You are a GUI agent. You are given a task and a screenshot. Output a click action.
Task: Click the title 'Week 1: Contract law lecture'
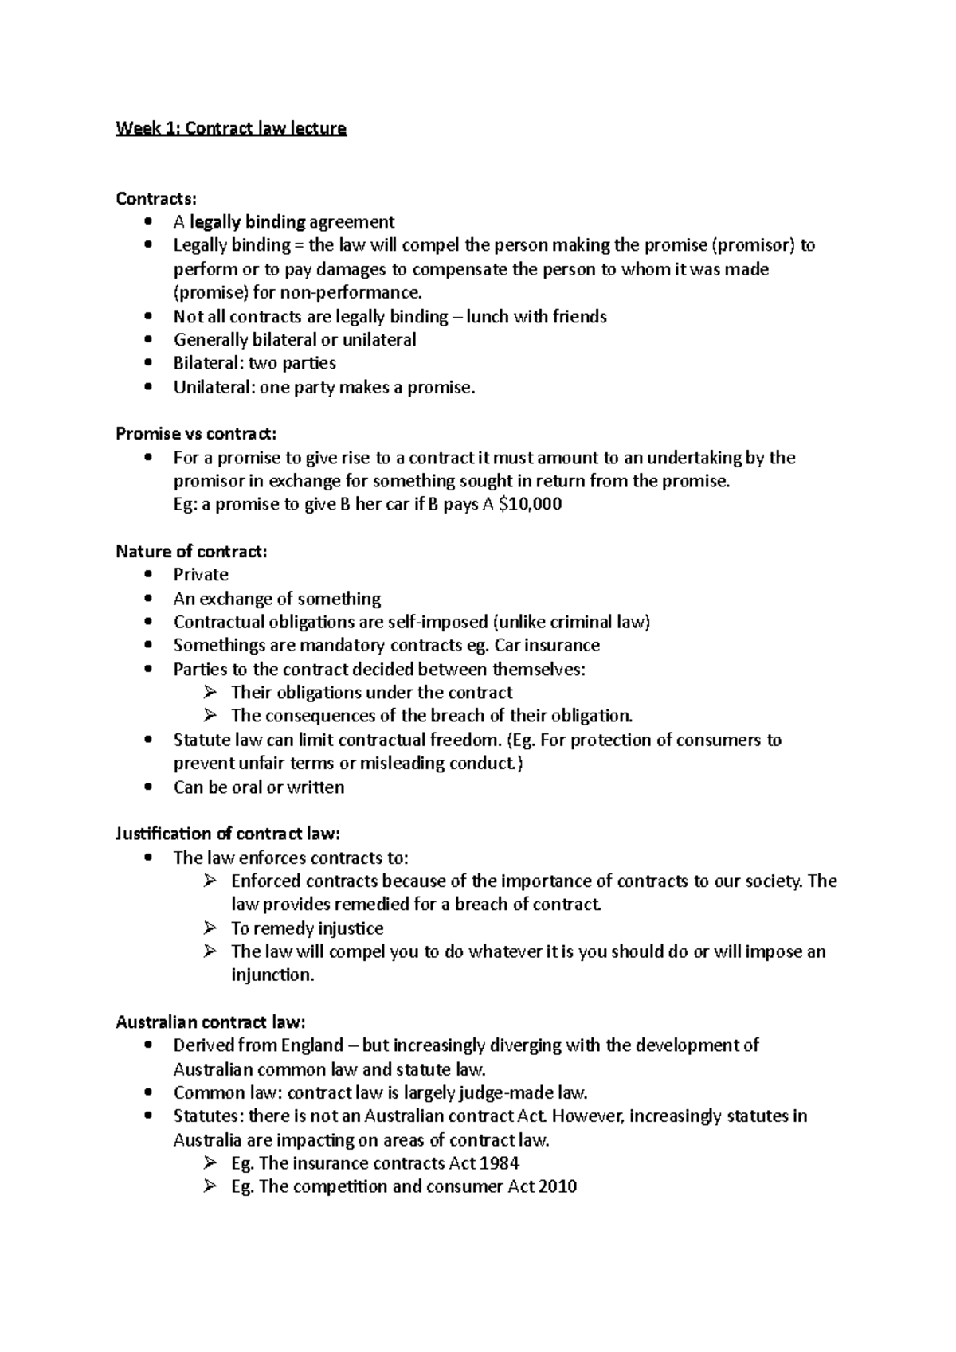pos(231,128)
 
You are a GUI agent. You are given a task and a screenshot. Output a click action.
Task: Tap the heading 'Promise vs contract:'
pos(196,434)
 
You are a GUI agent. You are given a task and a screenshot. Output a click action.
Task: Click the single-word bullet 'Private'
pos(201,575)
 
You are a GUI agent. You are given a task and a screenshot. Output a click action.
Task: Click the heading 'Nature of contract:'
pos(191,552)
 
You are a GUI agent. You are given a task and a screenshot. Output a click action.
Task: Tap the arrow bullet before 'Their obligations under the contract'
pos(210,692)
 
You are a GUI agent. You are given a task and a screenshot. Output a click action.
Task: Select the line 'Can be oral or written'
pos(259,787)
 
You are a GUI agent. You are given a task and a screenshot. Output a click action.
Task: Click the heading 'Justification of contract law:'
pos(228,834)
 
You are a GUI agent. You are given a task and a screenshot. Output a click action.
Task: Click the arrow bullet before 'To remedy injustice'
pos(210,928)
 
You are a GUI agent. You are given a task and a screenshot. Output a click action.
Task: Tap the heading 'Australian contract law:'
pos(210,1022)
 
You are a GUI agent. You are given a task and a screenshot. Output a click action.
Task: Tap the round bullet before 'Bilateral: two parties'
pos(147,363)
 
